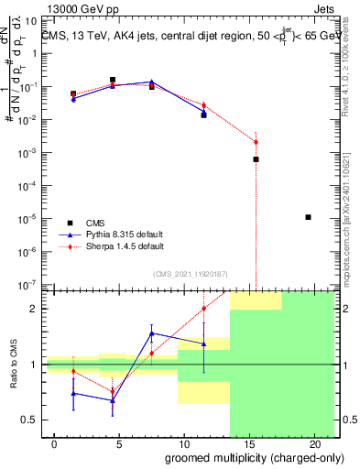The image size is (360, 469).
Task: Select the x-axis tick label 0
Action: coord(55,444)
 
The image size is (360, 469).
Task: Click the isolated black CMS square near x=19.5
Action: coord(308,217)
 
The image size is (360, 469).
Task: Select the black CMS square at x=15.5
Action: coord(256,159)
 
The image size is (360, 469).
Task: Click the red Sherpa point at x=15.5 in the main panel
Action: coord(256,142)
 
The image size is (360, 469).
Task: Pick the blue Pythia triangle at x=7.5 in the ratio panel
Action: coord(151,333)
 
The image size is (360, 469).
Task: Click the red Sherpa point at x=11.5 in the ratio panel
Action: coord(203,309)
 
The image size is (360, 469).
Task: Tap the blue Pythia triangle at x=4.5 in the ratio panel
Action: coord(113,400)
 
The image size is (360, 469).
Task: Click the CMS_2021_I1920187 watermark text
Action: coord(191,273)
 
